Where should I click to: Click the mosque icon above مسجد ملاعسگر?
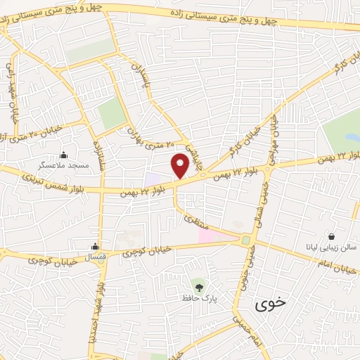click(x=64, y=155)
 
